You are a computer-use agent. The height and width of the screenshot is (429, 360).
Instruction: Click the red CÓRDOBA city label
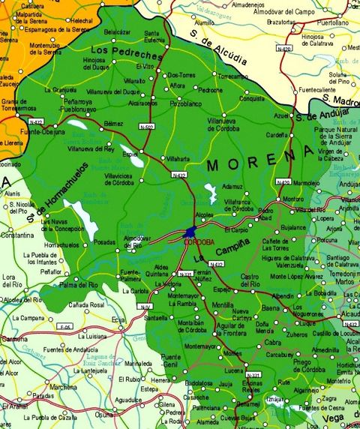click(198, 242)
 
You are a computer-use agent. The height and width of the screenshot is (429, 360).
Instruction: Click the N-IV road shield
click(143, 306)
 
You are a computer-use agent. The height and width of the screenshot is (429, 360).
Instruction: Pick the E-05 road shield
click(65, 327)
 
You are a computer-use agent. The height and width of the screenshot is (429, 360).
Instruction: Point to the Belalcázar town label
click(116, 31)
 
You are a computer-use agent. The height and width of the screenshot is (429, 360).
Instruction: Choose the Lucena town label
click(233, 370)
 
